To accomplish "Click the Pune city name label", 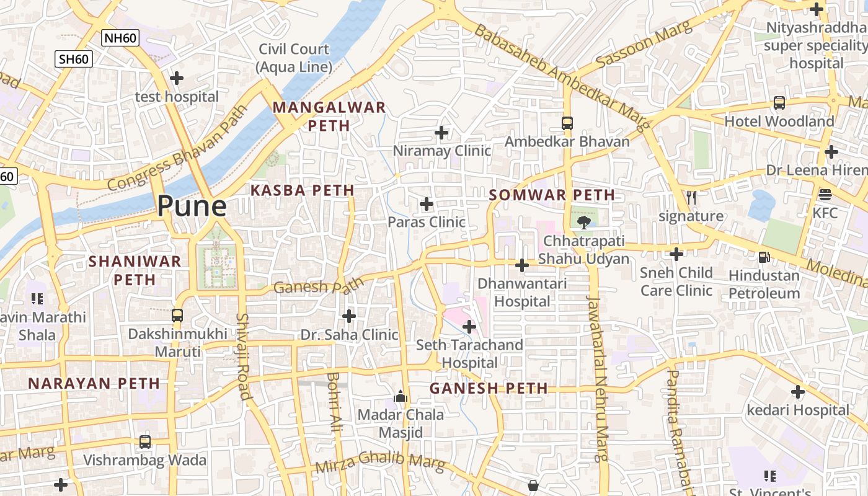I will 192,206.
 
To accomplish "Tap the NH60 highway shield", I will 121,38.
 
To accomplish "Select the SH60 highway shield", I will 74,60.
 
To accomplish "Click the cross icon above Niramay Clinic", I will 441,133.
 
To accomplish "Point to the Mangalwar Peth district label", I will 329,116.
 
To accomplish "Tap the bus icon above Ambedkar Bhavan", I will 567,123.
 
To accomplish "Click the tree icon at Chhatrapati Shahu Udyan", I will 583,222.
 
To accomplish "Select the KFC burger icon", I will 825,195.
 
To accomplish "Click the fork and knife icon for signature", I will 691,198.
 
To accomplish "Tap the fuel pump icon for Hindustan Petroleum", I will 764,257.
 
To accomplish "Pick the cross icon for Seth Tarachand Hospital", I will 469,326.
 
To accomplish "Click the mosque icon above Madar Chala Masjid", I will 401,396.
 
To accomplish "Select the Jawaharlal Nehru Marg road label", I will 598,378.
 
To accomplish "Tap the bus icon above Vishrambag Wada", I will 145,441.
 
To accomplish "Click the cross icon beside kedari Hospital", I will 798,392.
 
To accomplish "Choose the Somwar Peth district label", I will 552,195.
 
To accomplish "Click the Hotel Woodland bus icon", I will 779,103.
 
